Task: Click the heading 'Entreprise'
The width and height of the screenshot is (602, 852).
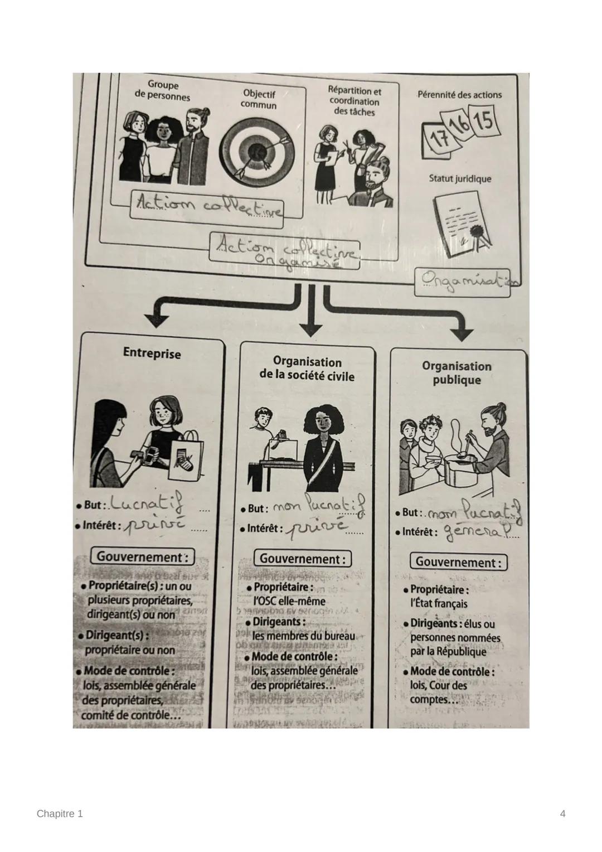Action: coord(152,353)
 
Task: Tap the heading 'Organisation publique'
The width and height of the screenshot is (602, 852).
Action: coord(457,373)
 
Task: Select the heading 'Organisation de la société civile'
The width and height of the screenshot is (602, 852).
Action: coord(307,369)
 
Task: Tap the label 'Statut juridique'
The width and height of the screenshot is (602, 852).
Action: coord(460,179)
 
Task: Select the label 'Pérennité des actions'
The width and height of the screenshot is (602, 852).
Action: coord(459,95)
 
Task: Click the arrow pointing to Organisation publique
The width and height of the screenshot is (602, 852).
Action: coord(460,332)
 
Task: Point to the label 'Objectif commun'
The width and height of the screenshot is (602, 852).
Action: coord(259,99)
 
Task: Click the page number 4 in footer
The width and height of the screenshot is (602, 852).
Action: coord(562,814)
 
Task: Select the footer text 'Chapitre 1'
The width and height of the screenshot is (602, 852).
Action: coord(60,814)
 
